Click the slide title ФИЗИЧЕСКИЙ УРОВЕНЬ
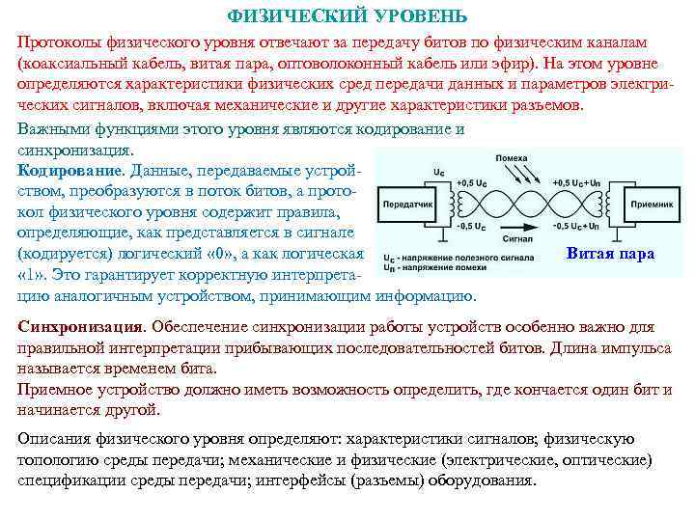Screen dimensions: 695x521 point(347,16)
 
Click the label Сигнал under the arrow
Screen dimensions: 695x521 point(518,236)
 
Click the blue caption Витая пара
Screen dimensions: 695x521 point(609,254)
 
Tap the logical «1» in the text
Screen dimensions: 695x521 point(32,275)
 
